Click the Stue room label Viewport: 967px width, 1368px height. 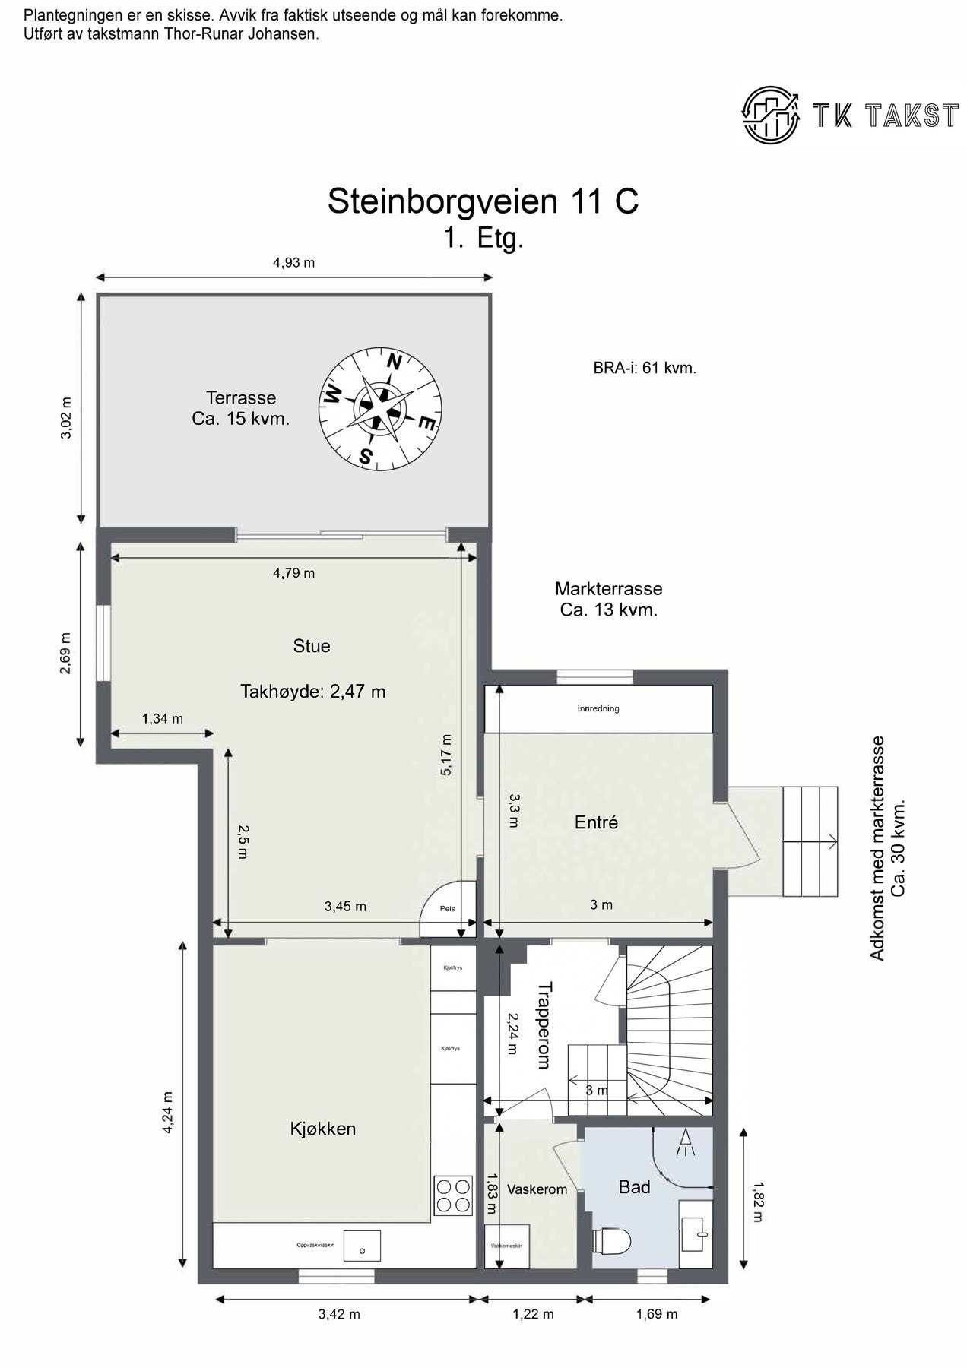[312, 646]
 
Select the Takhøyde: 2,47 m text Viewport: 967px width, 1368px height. [313, 692]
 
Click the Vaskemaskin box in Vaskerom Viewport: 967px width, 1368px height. [506, 1246]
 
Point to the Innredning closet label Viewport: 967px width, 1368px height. [598, 708]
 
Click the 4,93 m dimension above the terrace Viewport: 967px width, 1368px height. [293, 263]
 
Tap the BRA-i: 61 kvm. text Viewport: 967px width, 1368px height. [645, 369]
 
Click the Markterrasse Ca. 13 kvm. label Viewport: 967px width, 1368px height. [608, 599]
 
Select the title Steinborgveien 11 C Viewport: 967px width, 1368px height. [483, 201]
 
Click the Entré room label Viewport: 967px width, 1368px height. [596, 822]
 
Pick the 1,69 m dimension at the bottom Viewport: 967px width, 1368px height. [656, 1314]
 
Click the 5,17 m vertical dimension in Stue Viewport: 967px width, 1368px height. [446, 754]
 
